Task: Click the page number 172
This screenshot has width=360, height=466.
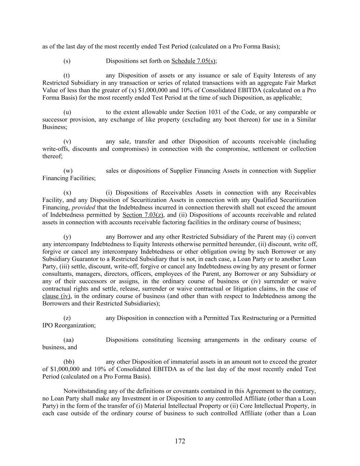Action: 180,441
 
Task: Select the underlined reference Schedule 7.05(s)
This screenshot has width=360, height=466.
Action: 193,61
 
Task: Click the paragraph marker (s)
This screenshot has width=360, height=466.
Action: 67,61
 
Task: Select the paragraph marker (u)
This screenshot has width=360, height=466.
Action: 67,112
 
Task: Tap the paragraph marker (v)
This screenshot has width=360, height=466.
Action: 67,142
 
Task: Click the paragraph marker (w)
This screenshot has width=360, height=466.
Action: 68,171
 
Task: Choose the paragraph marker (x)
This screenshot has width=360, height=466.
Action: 67,193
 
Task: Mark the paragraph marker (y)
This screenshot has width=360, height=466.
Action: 67,237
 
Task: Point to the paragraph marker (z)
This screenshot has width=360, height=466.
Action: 67,318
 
